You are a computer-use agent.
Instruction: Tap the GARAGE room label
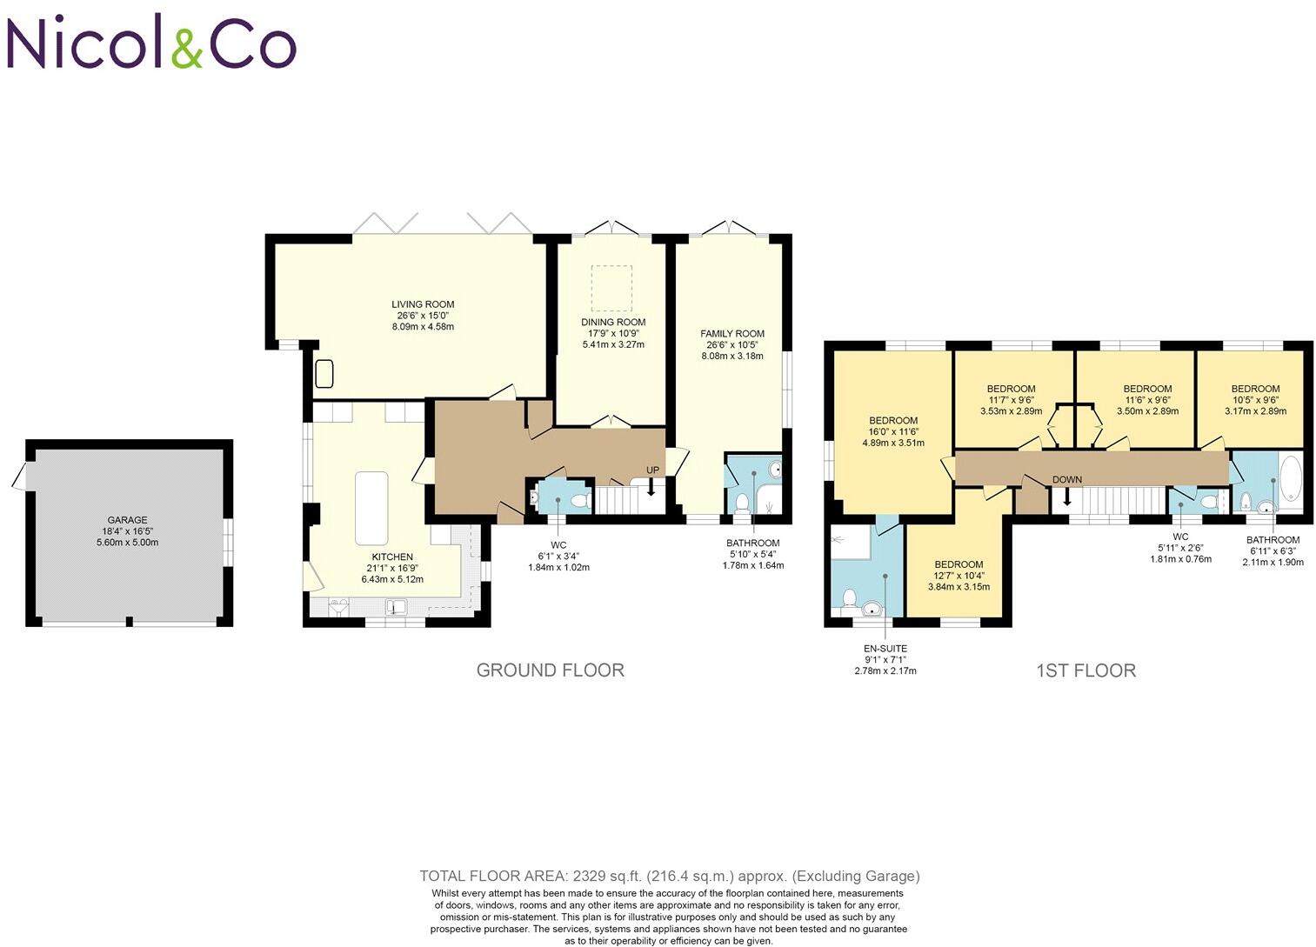(127, 520)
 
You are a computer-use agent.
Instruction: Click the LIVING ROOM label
(423, 304)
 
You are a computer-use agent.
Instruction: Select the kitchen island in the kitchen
(371, 508)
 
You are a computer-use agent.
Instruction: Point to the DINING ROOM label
(613, 322)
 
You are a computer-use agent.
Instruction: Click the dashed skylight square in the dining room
(611, 288)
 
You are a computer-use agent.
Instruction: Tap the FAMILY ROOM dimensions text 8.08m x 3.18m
(732, 356)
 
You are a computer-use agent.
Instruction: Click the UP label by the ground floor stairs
(652, 470)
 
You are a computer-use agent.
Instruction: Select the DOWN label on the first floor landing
(1066, 479)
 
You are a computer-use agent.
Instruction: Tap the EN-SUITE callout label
(885, 648)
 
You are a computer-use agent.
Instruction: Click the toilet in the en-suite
(848, 597)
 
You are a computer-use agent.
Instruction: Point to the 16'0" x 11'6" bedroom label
(893, 431)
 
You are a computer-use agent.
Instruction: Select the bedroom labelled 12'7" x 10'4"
(959, 575)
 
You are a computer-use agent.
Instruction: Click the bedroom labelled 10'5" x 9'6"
(1254, 400)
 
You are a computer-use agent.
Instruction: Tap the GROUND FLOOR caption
(550, 670)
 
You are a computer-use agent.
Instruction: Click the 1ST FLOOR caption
(1086, 670)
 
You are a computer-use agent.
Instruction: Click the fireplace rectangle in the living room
(325, 373)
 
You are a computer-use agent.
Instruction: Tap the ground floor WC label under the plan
(558, 545)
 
